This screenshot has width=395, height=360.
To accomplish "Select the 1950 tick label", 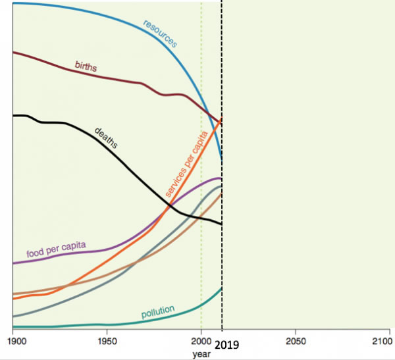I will pos(107,342).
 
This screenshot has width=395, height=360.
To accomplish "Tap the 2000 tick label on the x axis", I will pos(201,342).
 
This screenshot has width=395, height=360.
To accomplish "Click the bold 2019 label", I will pos(228,344).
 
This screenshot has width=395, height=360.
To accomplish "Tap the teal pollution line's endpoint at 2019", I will pos(222,288).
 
